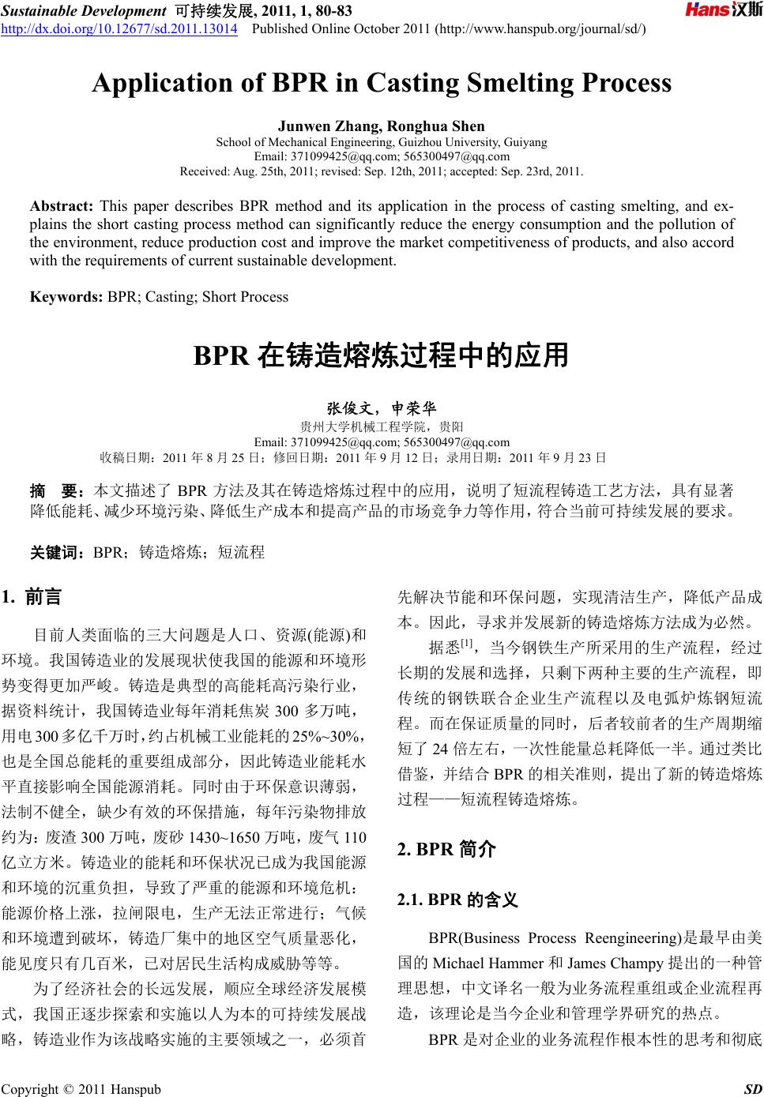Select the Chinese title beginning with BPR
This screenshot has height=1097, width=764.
382,356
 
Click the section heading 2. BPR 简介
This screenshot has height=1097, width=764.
447,849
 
